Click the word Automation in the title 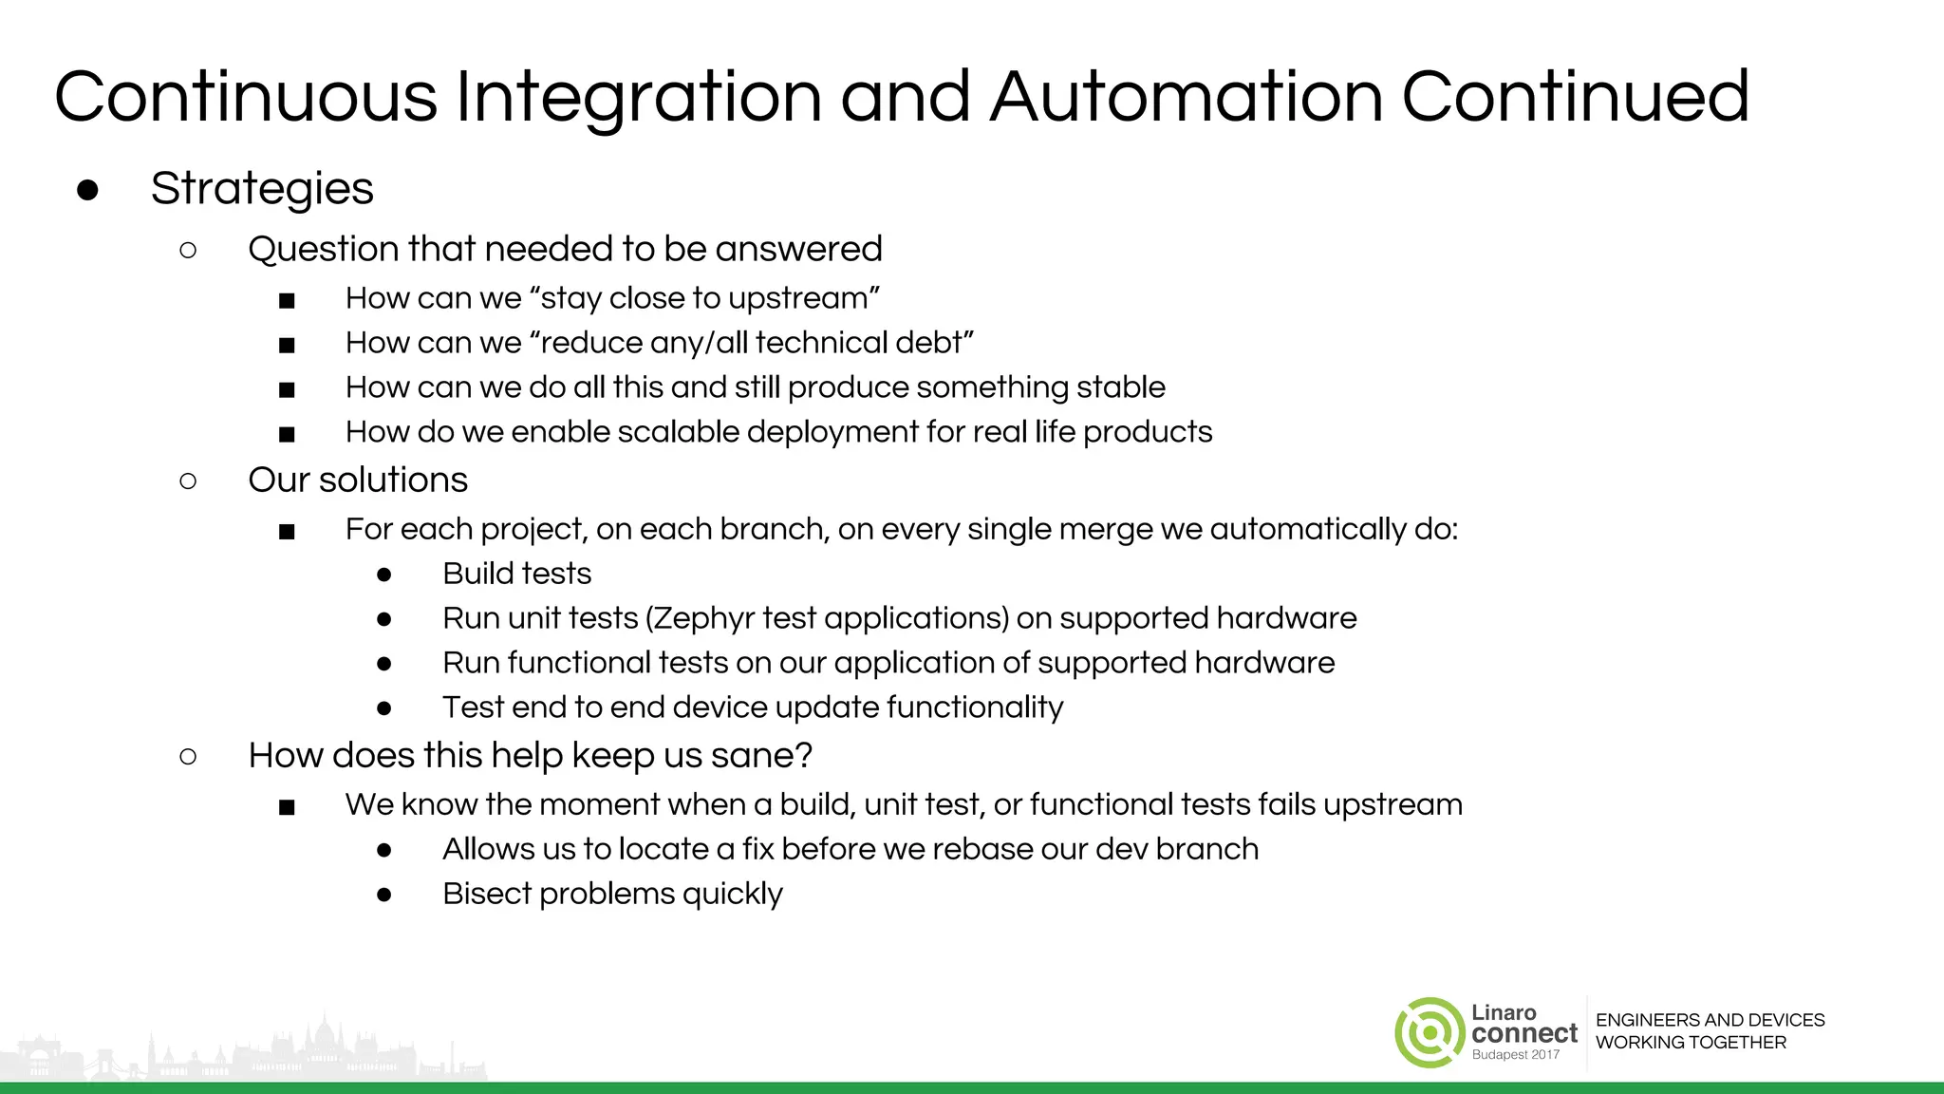point(1186,97)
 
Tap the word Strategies point(262,189)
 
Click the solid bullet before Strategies point(87,190)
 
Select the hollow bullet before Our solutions point(188,481)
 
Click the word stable point(1120,387)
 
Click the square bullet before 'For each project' point(287,532)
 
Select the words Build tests point(516,574)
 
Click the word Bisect point(487,894)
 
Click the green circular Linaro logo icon point(1429,1032)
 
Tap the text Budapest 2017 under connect point(1515,1055)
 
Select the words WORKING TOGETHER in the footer point(1691,1043)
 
